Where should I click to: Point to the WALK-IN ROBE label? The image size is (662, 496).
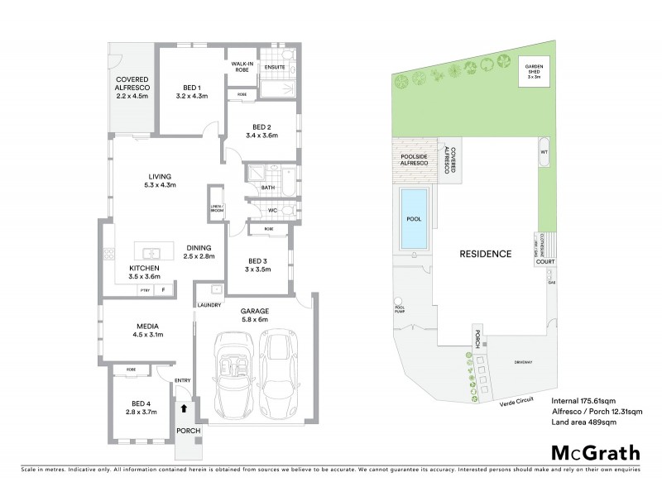tap(242, 67)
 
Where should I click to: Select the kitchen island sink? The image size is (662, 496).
tap(151, 253)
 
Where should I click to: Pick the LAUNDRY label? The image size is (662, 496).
tap(209, 305)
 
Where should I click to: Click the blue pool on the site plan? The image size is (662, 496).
tap(415, 218)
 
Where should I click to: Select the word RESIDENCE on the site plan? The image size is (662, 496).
tap(486, 253)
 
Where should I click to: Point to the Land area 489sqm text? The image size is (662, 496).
tap(584, 422)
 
